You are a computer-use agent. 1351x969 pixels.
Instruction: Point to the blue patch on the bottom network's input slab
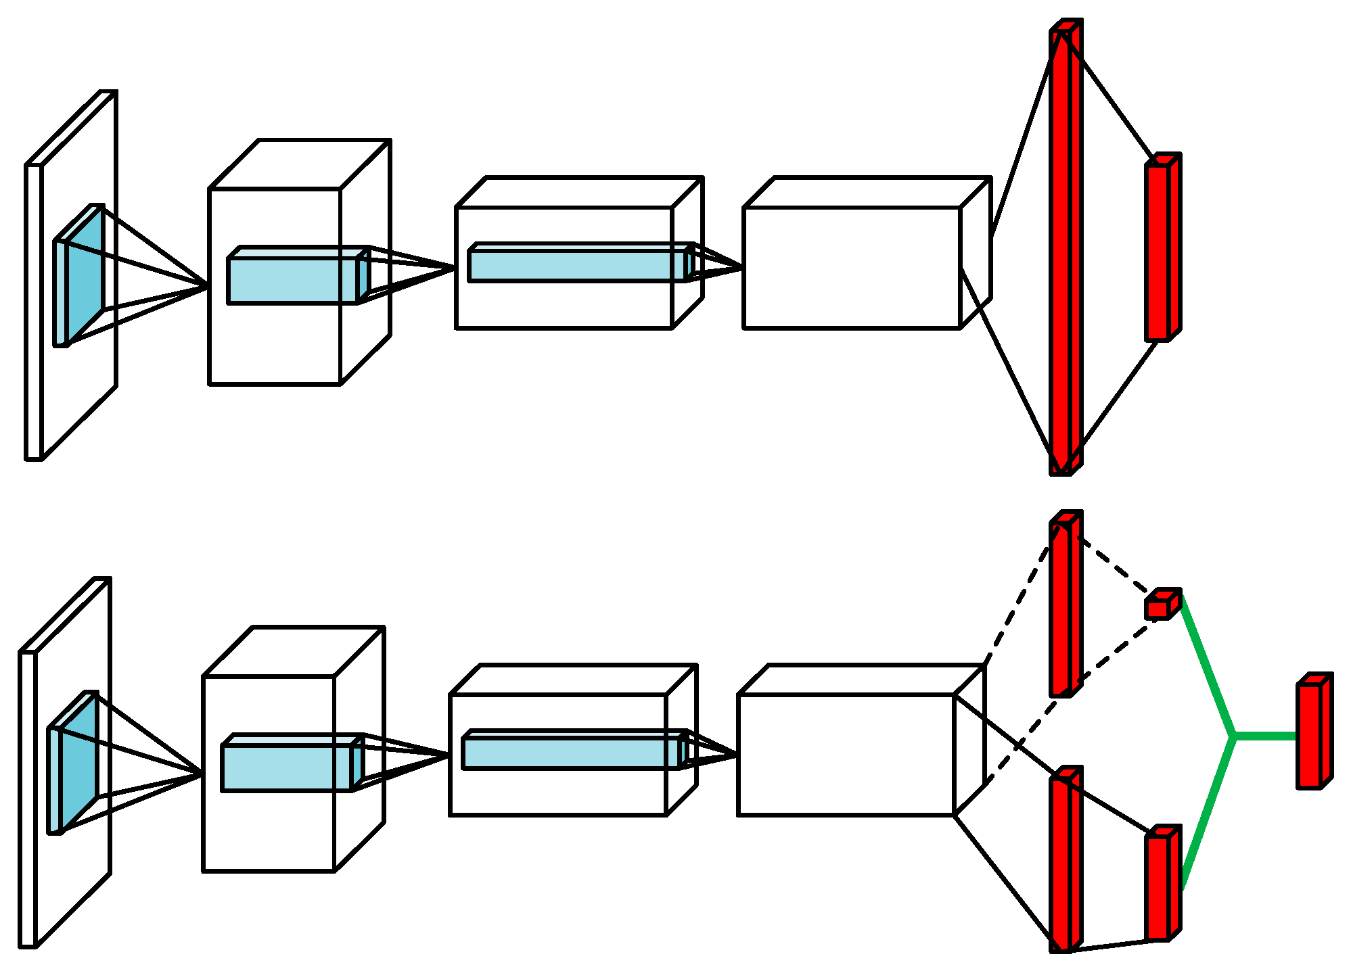point(76,764)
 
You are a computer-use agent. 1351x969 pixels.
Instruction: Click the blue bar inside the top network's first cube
point(292,280)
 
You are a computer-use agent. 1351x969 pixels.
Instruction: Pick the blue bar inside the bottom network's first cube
point(286,767)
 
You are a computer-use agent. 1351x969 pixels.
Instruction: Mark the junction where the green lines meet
point(1234,736)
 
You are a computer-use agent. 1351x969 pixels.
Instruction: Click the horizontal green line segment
point(1265,736)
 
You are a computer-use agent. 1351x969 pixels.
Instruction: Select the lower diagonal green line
point(1208,811)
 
